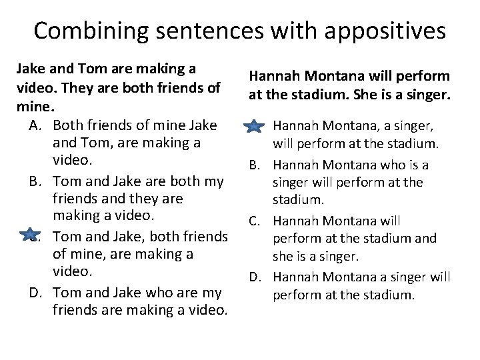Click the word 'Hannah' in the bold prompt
coord(273,77)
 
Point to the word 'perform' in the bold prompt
coord(427,77)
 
